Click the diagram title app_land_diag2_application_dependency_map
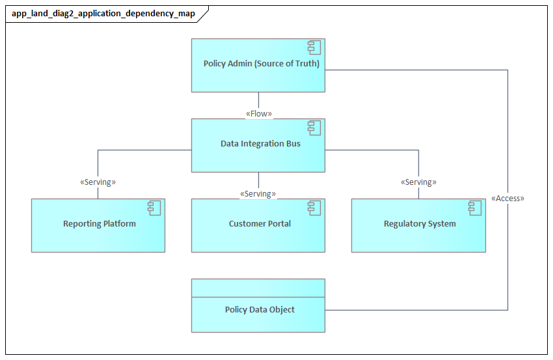[103, 14]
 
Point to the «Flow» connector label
[258, 114]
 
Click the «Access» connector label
[507, 199]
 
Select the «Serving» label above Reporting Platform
[98, 182]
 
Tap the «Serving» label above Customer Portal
[258, 194]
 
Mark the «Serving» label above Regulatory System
[418, 182]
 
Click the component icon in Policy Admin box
[315, 48]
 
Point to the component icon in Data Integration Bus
[315, 128]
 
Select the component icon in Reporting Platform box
[155, 208]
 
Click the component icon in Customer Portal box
[315, 208]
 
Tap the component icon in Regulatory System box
[475, 208]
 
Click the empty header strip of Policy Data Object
[258, 286]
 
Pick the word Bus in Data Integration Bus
[293, 144]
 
